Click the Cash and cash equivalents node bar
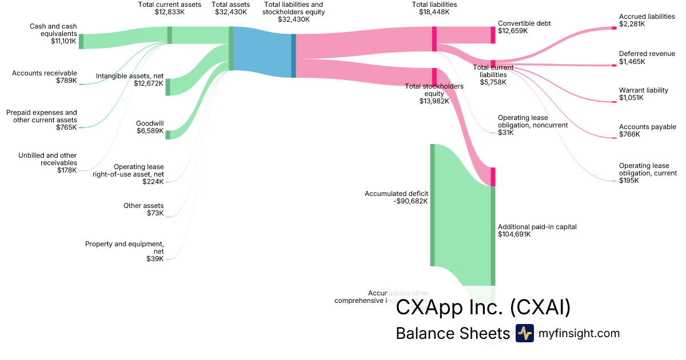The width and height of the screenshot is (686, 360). (81, 41)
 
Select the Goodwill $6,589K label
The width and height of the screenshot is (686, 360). (149, 127)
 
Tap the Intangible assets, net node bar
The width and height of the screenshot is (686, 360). (168, 87)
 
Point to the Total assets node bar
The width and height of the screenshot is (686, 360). (231, 49)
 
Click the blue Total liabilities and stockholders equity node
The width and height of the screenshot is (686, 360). (293, 55)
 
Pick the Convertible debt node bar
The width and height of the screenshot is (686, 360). (493, 35)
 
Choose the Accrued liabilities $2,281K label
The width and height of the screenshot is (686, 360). (647, 21)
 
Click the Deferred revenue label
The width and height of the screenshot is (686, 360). (647, 58)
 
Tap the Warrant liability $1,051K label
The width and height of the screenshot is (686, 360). (643, 94)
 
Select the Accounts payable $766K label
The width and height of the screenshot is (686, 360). (647, 131)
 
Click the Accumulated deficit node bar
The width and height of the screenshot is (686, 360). (433, 205)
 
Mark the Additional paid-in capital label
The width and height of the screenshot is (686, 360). (537, 230)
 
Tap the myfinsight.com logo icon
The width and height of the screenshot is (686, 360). (524, 333)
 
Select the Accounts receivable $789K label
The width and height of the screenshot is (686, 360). (44, 77)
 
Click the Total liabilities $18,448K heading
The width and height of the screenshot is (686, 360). (434, 9)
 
